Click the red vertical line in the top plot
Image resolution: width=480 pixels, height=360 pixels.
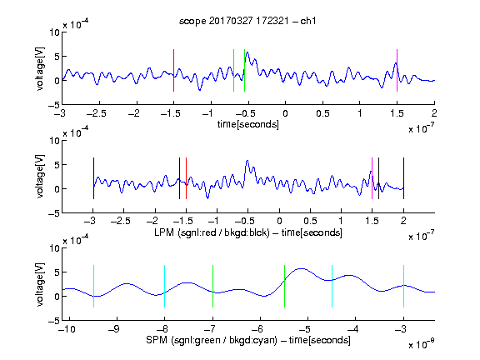173,70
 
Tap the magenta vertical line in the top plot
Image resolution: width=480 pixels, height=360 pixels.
397,70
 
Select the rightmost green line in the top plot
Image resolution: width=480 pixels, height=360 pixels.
245,70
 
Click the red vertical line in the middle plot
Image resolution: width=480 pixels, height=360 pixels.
186,178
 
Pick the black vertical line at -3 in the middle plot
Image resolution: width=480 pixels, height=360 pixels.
93,178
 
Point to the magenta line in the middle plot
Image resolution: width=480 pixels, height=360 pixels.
372,178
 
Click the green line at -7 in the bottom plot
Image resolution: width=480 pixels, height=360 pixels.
212,286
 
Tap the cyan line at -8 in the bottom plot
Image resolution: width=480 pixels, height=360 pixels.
165,286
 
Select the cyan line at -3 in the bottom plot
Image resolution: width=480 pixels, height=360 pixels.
404,286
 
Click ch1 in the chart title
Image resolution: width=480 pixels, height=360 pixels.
308,21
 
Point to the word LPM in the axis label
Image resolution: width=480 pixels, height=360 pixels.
164,232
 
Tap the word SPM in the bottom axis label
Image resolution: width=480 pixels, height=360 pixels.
157,340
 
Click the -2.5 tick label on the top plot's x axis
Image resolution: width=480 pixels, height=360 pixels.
97,113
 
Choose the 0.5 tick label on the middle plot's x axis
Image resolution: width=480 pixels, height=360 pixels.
310,221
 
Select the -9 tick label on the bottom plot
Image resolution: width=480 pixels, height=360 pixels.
114,329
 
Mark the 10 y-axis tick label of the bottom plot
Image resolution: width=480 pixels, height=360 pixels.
54,247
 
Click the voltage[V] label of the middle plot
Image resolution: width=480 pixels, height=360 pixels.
40,177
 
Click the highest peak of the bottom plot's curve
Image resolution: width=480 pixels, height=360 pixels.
302,269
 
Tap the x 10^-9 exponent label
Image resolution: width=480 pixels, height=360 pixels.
422,343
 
